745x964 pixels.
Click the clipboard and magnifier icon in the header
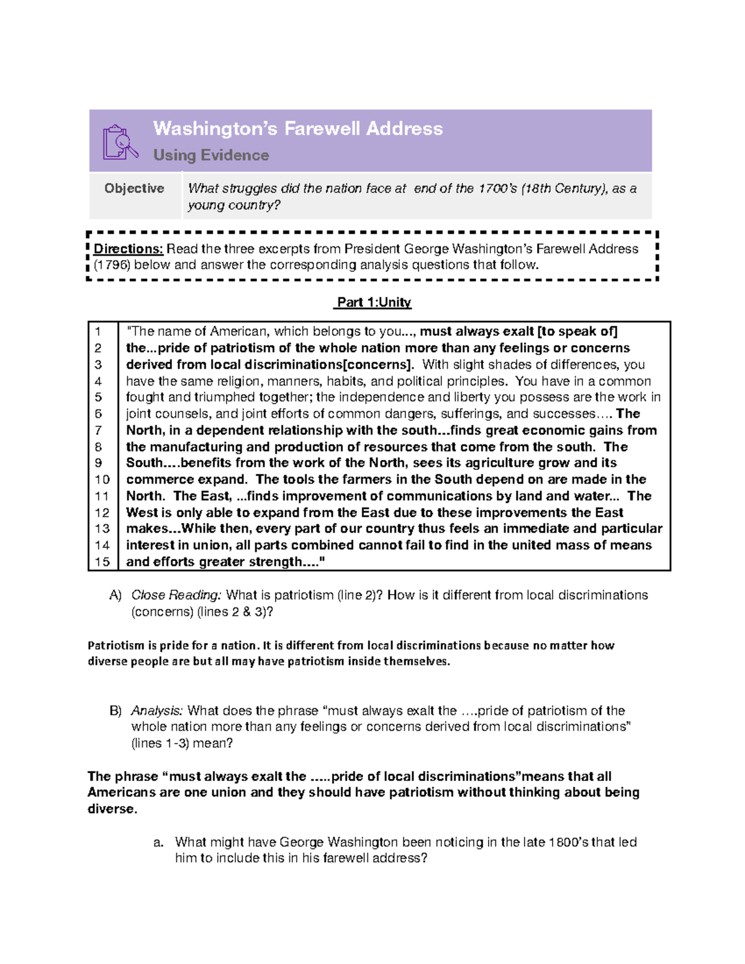point(120,142)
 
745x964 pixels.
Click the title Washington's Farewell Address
point(298,128)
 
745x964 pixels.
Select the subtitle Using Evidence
point(211,155)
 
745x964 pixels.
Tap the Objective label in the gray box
point(134,189)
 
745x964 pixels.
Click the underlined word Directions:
point(129,249)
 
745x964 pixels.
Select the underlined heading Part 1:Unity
point(372,302)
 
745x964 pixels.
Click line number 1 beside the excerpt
point(97,331)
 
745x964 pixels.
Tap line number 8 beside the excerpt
point(98,447)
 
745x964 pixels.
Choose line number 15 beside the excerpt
point(102,562)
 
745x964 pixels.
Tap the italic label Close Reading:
point(176,595)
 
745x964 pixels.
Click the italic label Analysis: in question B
point(156,711)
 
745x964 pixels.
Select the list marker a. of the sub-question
point(158,842)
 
